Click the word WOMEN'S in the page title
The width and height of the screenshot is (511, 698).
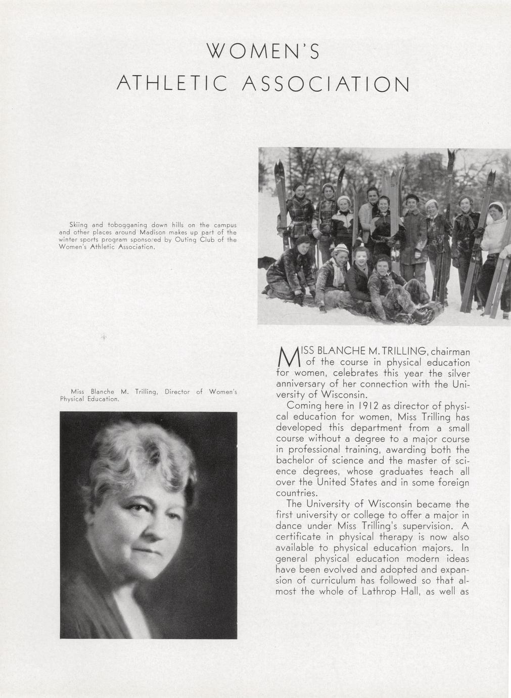[263, 52]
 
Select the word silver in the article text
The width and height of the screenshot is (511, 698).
[456, 373]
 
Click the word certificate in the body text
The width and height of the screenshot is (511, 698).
[300, 537]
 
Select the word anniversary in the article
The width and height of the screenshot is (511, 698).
[302, 384]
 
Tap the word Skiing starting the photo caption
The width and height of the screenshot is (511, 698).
[78, 224]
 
